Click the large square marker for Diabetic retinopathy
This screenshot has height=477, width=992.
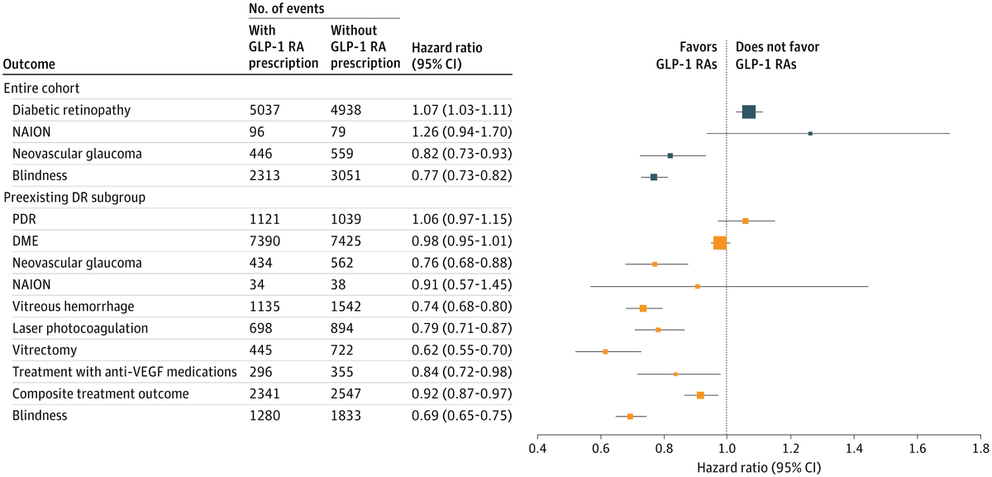(x=749, y=112)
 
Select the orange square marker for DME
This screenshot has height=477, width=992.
(x=720, y=242)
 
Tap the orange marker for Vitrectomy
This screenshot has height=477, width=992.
(x=605, y=351)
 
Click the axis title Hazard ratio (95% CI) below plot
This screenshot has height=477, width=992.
(x=759, y=466)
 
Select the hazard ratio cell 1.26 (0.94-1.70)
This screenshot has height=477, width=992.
(x=461, y=132)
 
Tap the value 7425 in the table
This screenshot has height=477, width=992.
(x=346, y=241)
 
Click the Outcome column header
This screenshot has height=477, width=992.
(x=31, y=64)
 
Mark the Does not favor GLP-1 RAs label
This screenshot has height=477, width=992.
(x=777, y=55)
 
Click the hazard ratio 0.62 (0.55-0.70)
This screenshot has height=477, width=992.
(x=461, y=351)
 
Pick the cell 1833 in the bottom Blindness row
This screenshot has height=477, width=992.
(x=346, y=415)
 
